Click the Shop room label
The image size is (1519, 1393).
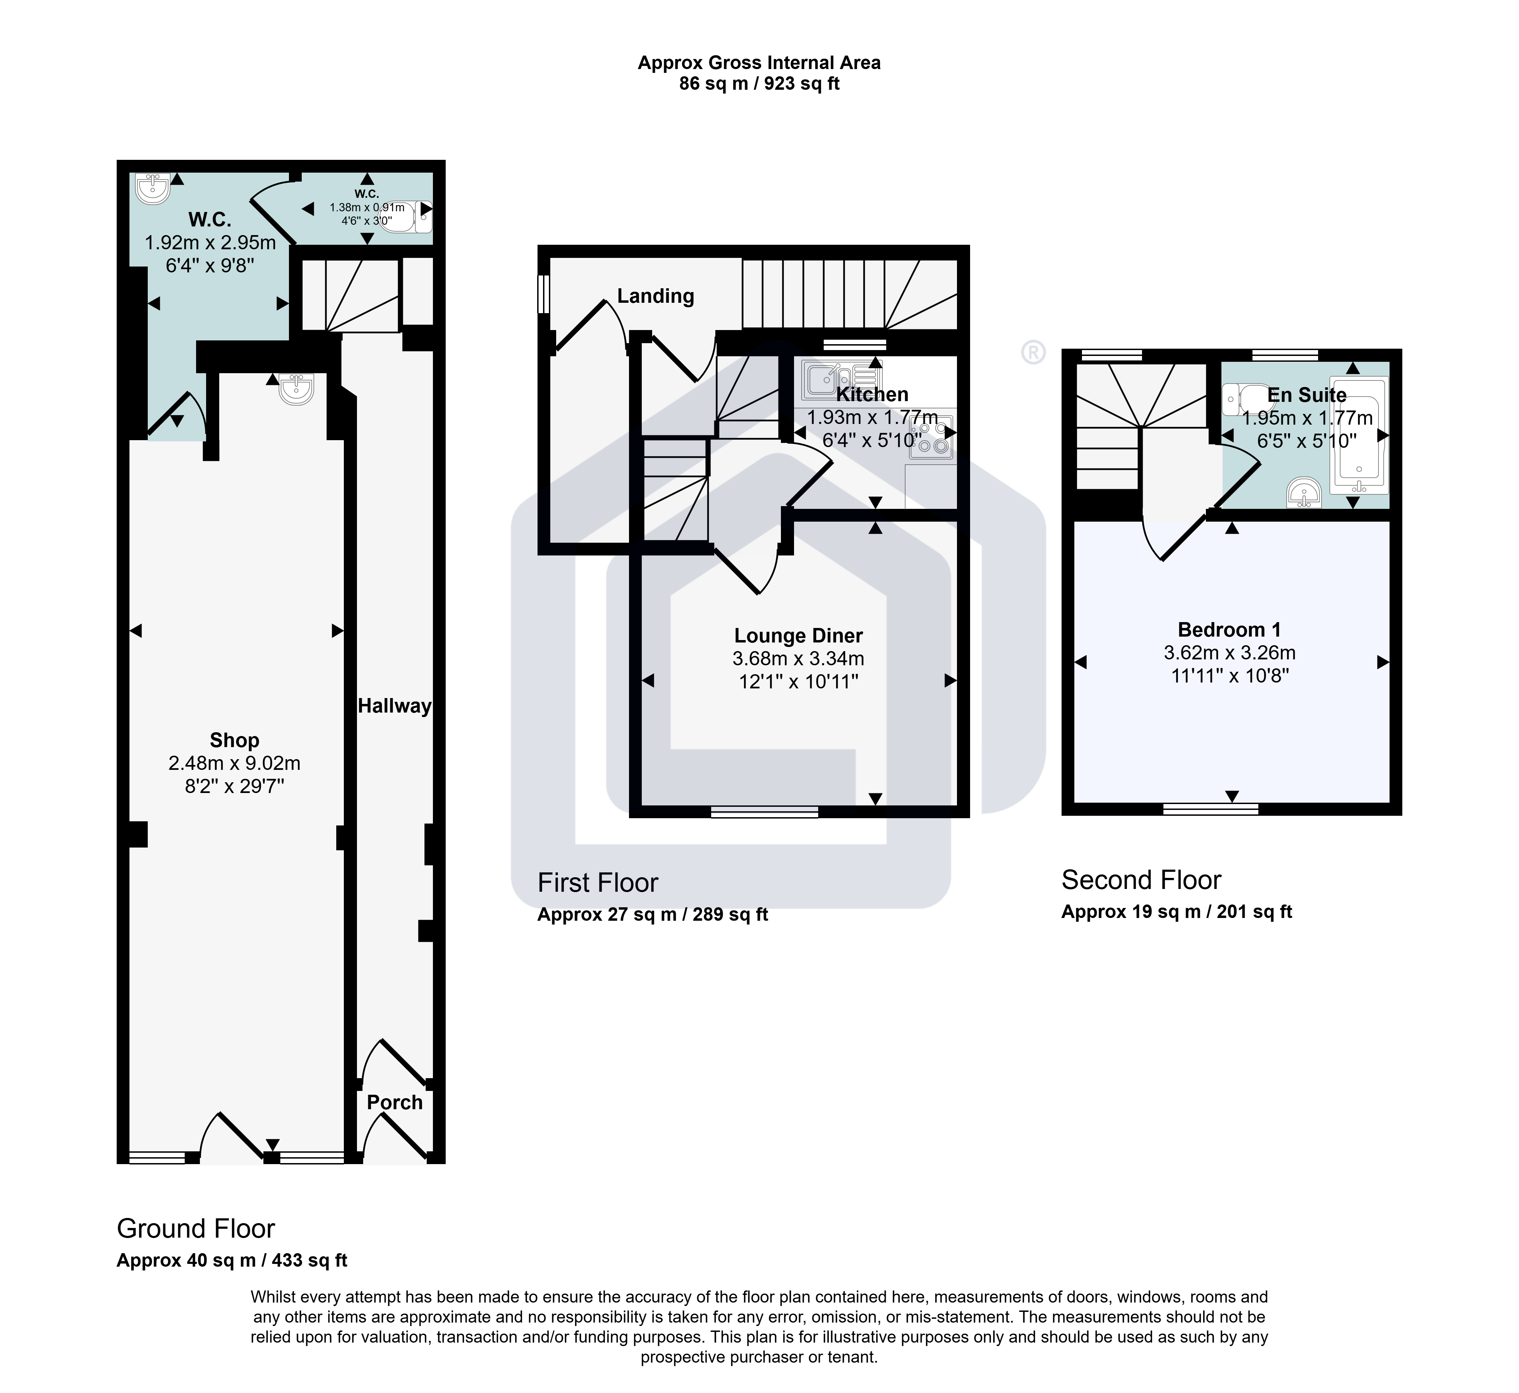(x=234, y=740)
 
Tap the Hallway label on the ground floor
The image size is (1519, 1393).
(x=394, y=706)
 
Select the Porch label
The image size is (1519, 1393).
(x=394, y=1102)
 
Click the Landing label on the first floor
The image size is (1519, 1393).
(x=655, y=296)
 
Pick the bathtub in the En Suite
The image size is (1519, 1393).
(x=1358, y=435)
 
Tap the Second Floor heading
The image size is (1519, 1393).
(x=1141, y=880)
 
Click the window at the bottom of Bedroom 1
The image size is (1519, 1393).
(x=1210, y=809)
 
